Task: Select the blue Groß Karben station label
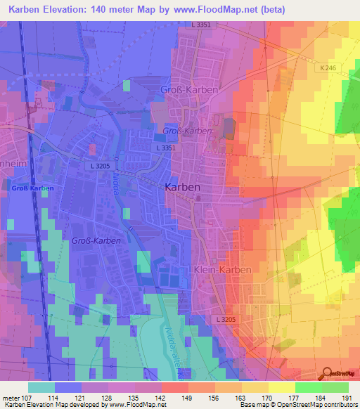[32, 188]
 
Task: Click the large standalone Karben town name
[182, 188]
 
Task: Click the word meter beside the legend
[11, 397]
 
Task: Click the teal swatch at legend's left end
[41, 387]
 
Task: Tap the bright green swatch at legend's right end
[335, 387]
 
